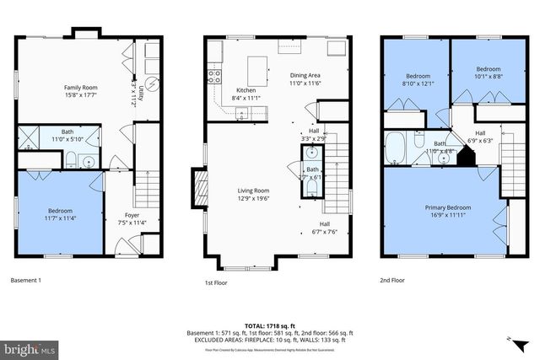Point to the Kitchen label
click(x=246, y=90)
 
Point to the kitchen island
click(x=258, y=67)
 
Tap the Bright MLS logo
click(x=30, y=347)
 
